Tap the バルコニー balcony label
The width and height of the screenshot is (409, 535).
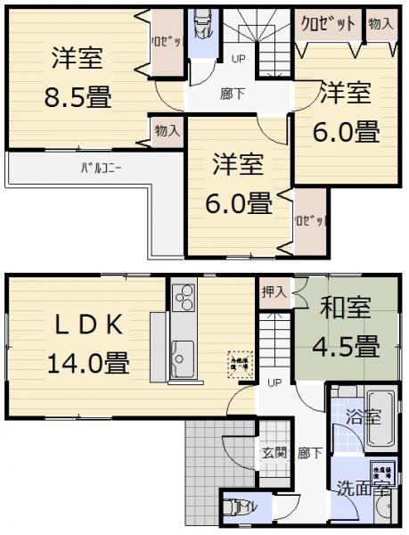point(102,167)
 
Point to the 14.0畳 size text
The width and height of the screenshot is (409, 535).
point(87,363)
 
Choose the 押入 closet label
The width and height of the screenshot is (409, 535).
point(274,292)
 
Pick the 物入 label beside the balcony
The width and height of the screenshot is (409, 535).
point(167,131)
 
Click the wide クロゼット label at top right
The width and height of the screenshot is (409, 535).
point(328,22)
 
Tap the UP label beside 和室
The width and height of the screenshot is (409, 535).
point(274,382)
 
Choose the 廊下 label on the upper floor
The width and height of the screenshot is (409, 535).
point(233,92)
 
